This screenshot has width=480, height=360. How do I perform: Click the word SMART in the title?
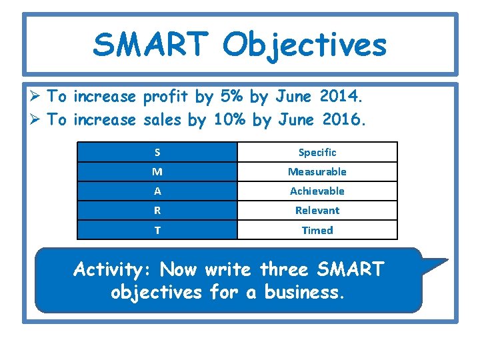tap(151, 45)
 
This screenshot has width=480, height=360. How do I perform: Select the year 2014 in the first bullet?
tap(341, 97)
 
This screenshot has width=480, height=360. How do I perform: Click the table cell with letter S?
tap(157, 152)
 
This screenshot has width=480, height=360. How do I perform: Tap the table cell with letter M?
tap(157, 171)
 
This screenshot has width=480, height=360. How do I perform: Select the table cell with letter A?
tap(157, 191)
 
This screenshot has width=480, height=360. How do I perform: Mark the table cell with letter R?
tap(157, 210)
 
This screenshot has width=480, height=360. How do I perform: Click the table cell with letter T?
tap(157, 230)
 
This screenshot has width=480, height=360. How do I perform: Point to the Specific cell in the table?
tap(317, 152)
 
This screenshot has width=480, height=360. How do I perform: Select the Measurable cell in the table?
tap(317, 171)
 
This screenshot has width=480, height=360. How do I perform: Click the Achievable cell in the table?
tap(317, 191)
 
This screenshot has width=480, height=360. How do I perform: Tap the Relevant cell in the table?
tap(317, 210)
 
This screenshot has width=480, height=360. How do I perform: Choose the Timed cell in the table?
tap(317, 230)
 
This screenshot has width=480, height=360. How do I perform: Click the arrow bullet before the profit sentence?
tap(38, 97)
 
